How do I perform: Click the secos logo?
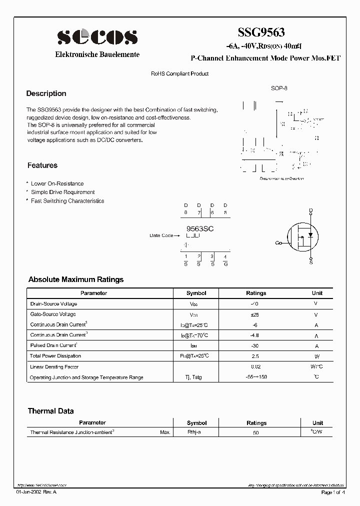coord(97,37)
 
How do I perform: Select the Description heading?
coord(46,93)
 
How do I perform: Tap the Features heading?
coord(42,165)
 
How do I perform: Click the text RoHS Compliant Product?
coord(180,73)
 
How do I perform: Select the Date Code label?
coord(161,235)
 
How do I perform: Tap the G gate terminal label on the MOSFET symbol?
coord(277,243)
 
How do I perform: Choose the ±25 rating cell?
coord(256,314)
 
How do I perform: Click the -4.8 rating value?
coord(256,335)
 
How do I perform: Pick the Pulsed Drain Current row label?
coord(53,345)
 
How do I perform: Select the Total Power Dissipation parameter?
coord(55,356)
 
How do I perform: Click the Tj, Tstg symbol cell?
coord(196,377)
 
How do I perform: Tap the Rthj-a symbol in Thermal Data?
coord(194,432)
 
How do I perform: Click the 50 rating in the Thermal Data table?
coord(256,432)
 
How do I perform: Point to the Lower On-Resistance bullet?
coord(57,183)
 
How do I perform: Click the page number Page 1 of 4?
coord(333,492)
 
